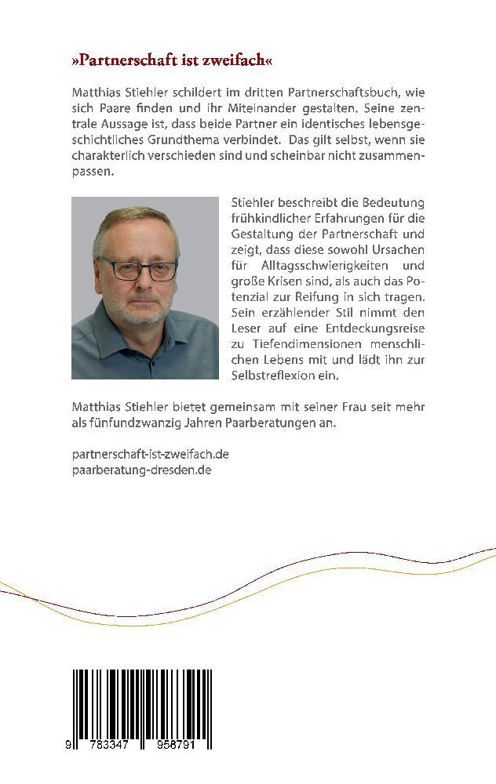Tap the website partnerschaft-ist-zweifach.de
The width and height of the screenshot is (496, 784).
pos(150,454)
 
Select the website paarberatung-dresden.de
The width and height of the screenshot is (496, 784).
pos(141,470)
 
